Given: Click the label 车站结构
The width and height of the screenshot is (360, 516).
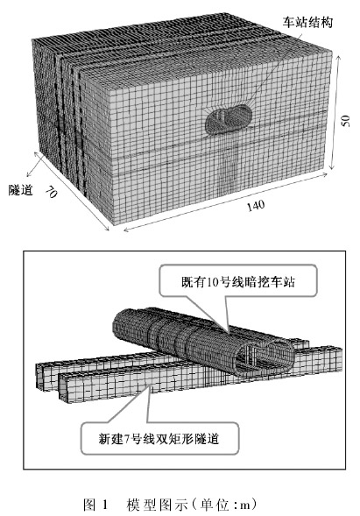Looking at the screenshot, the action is [307, 23].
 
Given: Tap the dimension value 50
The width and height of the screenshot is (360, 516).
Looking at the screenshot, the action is [345, 121].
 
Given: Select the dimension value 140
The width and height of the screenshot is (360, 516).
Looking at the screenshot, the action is [256, 205].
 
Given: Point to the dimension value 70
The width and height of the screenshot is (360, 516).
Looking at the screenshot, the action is [51, 191].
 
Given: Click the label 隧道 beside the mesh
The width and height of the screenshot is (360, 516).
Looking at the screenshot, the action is [20, 190].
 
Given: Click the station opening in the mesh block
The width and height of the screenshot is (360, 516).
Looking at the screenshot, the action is [229, 119].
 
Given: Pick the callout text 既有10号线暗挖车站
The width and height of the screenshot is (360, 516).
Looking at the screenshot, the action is [238, 282].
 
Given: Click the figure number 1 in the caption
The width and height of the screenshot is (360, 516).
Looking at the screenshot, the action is [105, 505].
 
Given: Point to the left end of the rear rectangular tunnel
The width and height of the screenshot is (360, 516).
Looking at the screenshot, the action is [39, 376].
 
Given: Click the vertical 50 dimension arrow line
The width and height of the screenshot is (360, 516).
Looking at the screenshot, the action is [333, 113].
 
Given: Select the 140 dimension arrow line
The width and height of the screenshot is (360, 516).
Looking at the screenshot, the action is [225, 201].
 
